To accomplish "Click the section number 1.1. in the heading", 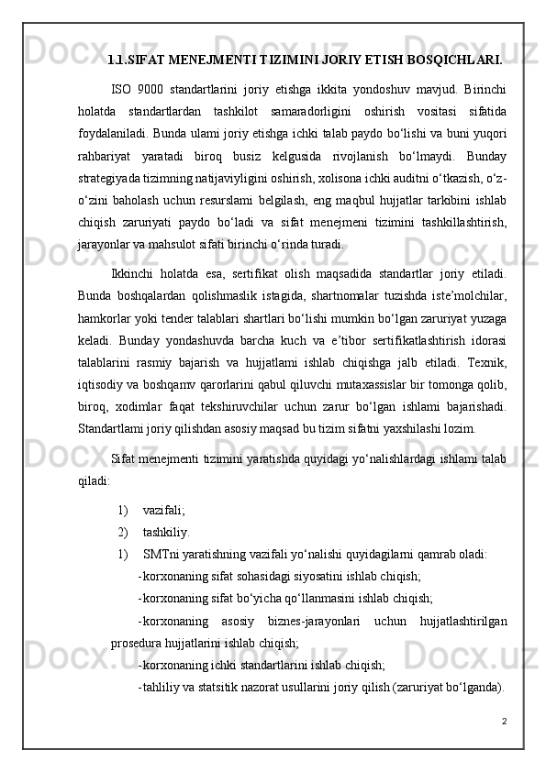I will click(119, 61).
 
